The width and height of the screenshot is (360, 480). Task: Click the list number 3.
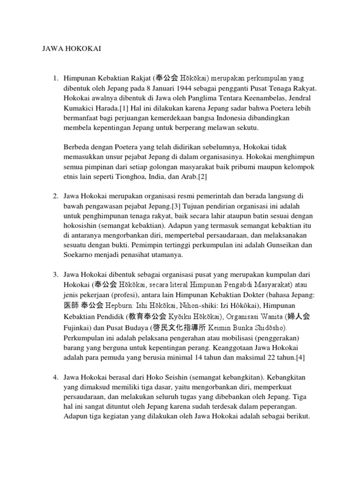(55, 274)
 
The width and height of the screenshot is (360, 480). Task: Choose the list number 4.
(55, 377)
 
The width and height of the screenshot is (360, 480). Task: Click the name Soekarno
(79, 255)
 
